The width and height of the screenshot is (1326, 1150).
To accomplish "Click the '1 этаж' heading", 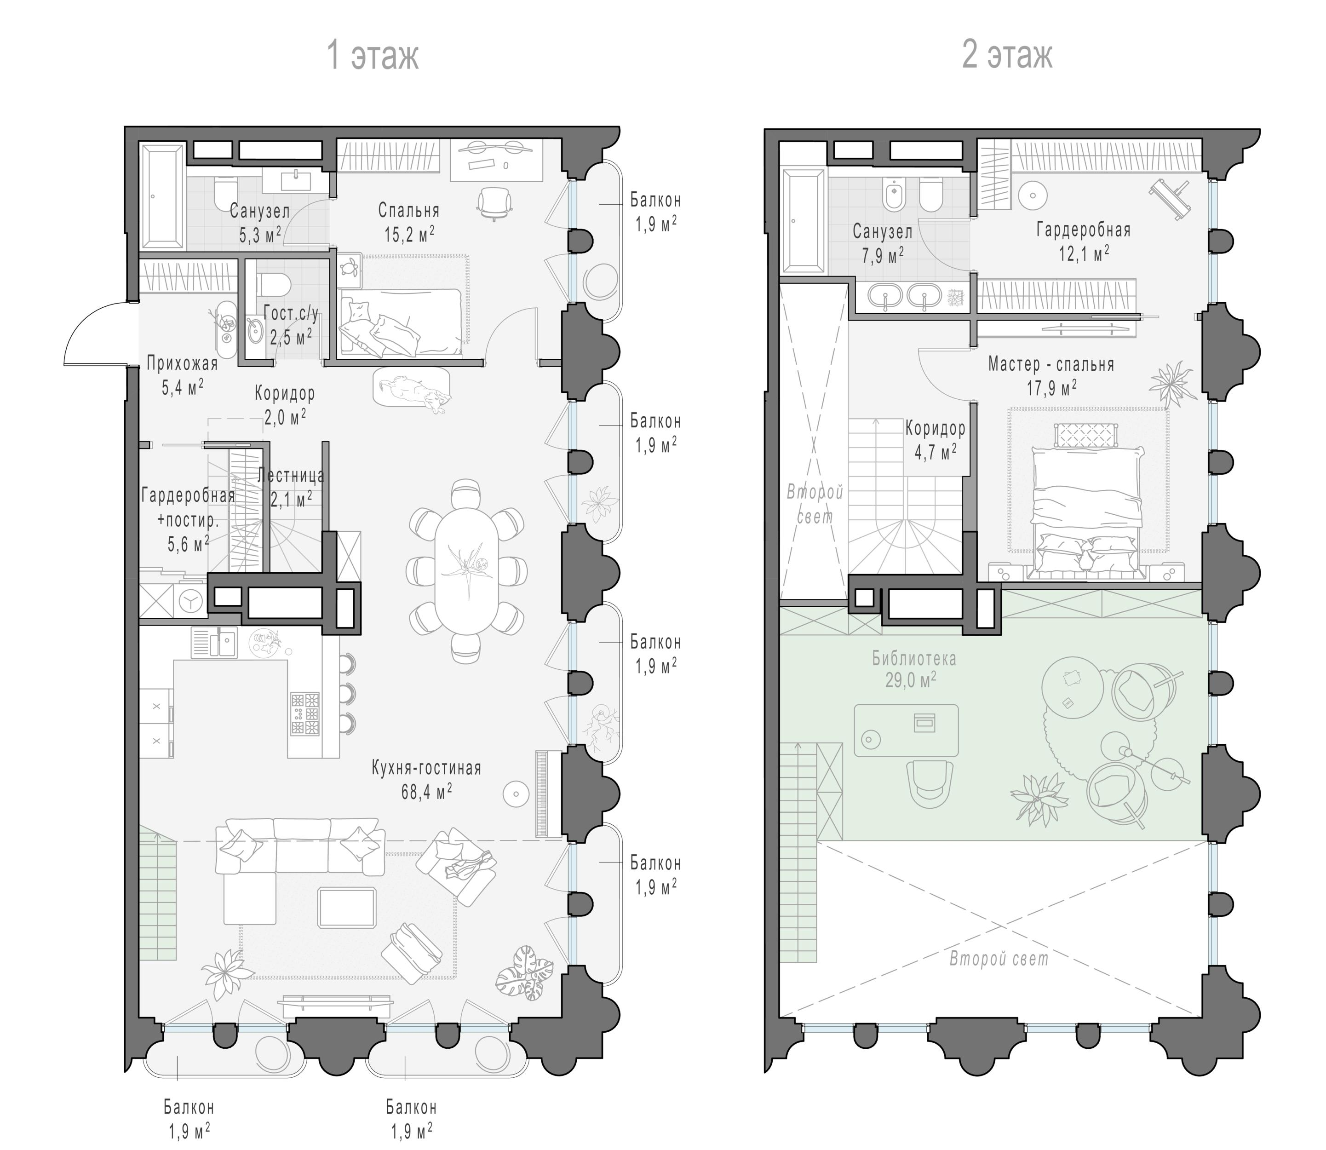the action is [x=373, y=56].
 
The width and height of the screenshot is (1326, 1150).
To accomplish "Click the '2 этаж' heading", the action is [x=1006, y=56].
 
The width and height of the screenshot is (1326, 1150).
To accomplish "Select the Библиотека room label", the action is [x=913, y=658].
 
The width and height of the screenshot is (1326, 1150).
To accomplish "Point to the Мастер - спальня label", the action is [x=1051, y=364].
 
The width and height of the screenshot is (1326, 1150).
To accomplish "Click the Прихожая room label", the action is [x=182, y=364].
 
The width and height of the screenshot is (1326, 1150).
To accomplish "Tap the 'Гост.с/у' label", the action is [x=291, y=313].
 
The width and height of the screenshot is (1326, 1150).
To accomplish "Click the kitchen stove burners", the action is [x=305, y=713].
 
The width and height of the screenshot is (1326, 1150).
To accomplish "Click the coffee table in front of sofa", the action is [x=347, y=908].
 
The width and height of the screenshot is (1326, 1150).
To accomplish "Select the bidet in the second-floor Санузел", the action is [x=893, y=194].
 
